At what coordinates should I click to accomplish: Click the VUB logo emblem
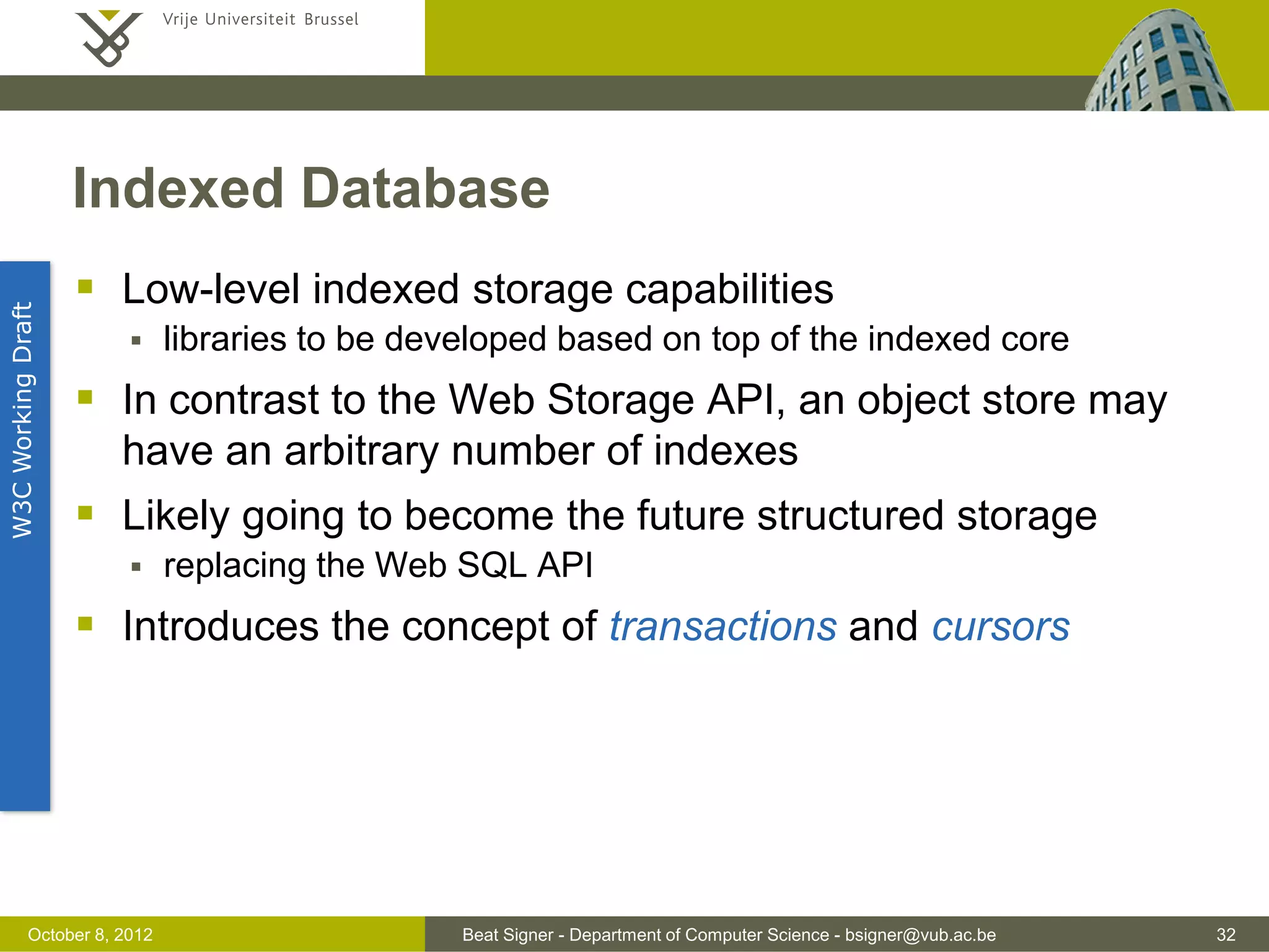point(109,38)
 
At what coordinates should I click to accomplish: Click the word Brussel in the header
point(331,20)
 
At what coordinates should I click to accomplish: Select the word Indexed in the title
point(178,188)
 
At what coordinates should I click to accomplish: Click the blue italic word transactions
point(722,627)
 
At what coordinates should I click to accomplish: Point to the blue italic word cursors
point(1000,627)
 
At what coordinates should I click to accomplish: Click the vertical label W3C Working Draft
point(23,420)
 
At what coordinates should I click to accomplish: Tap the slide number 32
point(1226,935)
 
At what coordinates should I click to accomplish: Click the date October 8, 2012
point(90,935)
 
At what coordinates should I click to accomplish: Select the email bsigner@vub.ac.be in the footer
point(920,935)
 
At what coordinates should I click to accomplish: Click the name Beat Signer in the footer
point(507,935)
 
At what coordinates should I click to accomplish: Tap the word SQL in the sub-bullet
point(491,565)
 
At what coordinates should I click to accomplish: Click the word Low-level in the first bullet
point(211,289)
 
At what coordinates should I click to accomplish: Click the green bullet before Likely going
point(86,513)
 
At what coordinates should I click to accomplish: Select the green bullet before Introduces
point(86,624)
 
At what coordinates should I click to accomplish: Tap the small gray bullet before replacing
point(136,566)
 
